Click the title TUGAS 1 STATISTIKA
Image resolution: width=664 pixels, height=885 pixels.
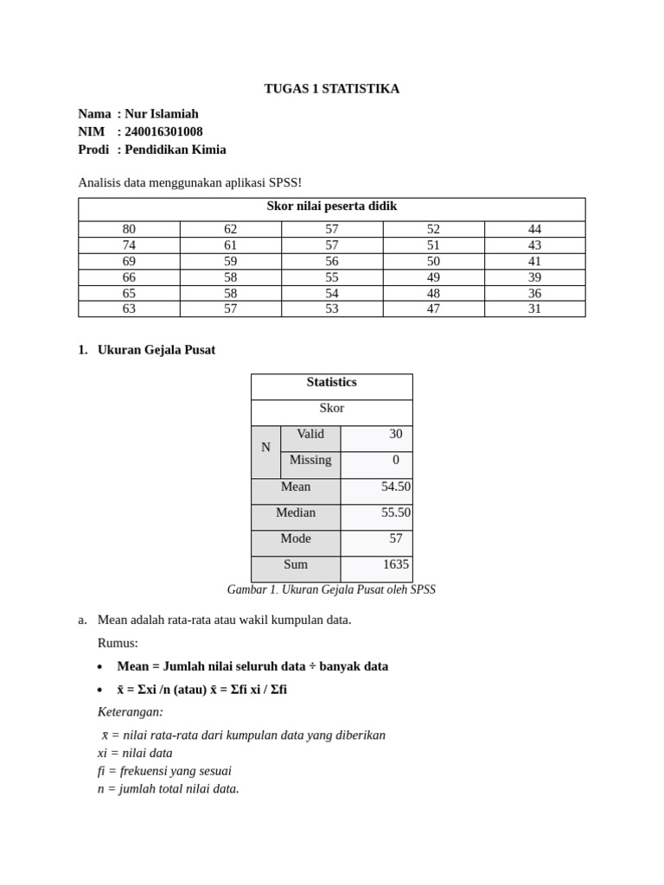[x=331, y=89]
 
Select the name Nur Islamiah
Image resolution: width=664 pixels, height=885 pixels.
[x=162, y=114]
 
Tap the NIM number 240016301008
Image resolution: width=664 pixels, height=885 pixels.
[x=163, y=131]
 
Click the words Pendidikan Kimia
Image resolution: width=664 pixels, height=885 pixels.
[x=176, y=150]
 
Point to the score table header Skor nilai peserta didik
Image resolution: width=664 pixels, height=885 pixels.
[x=331, y=207]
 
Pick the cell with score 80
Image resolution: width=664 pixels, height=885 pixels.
[x=129, y=229]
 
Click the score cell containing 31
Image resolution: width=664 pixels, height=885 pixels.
[x=534, y=309]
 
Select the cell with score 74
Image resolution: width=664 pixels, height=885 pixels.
[x=129, y=245]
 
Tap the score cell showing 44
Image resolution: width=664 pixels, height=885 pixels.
[x=534, y=229]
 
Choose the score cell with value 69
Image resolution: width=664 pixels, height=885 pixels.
[x=129, y=261]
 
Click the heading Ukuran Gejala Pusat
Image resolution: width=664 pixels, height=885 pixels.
[x=156, y=350]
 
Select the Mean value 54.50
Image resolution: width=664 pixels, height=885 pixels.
[x=395, y=487]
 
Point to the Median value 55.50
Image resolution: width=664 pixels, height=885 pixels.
[x=395, y=513]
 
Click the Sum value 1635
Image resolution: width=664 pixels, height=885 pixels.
[x=396, y=565]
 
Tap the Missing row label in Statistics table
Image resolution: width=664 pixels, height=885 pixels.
[x=310, y=461]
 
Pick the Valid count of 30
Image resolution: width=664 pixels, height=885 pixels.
[x=395, y=435]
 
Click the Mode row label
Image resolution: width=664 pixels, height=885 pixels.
[x=296, y=539]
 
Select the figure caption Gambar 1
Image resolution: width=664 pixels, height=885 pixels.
[x=331, y=590]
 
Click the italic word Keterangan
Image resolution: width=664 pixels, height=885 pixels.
[x=131, y=712]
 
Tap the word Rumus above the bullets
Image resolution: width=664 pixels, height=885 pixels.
[x=118, y=643]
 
